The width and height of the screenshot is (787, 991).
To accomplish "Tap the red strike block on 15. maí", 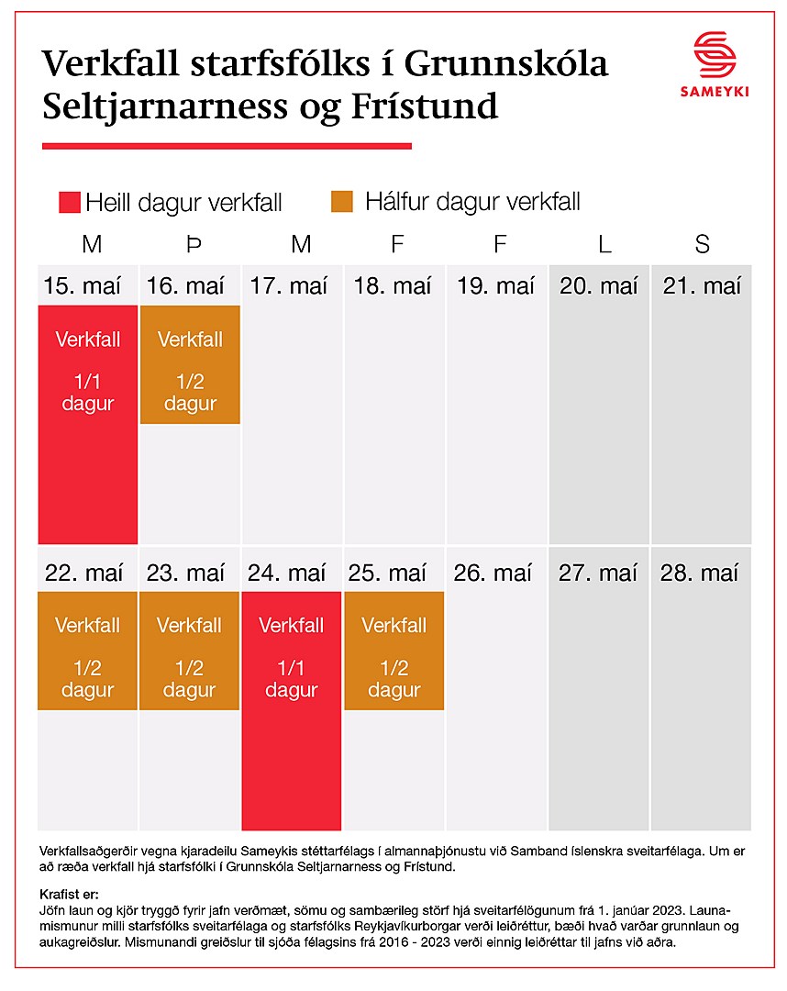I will click(x=88, y=424).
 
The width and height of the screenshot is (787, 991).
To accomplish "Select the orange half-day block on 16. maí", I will click(x=190, y=365).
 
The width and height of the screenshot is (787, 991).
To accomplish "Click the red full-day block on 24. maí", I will click(x=292, y=710).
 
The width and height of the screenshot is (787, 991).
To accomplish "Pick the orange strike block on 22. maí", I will click(x=88, y=651).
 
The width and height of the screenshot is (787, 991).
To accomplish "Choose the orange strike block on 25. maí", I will click(x=394, y=651).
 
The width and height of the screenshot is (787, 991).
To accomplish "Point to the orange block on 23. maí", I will click(x=190, y=651).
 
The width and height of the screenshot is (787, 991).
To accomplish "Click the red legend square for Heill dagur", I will click(x=69, y=202).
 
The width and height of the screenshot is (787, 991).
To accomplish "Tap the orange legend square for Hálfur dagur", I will click(x=342, y=201).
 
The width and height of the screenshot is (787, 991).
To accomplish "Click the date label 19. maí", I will click(x=496, y=286).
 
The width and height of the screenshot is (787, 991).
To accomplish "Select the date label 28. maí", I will click(x=701, y=573).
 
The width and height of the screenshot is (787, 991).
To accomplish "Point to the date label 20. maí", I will click(x=599, y=286).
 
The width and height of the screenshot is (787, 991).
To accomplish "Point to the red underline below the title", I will click(x=227, y=145).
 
